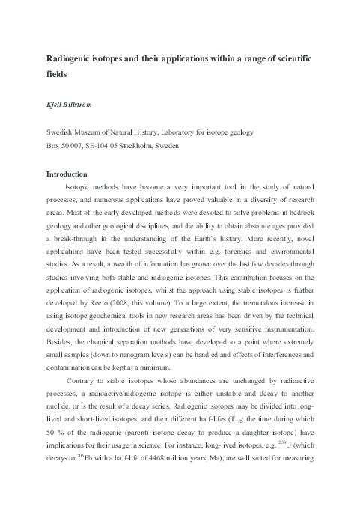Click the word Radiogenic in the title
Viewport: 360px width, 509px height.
pyautogui.click(x=69, y=58)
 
